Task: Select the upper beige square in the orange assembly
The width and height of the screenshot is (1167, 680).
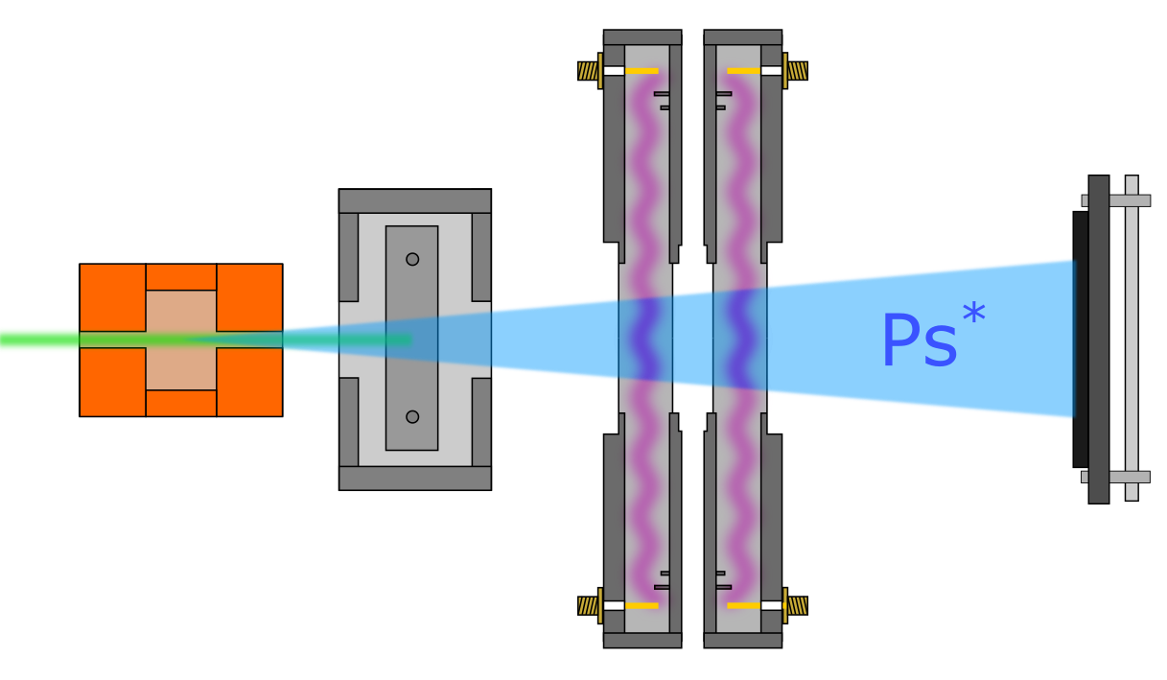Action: tap(181, 311)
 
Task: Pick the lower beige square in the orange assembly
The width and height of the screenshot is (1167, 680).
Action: tap(181, 369)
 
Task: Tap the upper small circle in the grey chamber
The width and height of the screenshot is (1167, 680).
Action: tap(412, 259)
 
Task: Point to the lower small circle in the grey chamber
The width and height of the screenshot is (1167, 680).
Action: tap(412, 416)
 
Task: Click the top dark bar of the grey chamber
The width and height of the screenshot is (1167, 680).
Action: tap(415, 200)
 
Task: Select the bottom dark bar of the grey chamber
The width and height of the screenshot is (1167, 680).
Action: tap(415, 478)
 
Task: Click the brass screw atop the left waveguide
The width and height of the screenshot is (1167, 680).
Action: tap(588, 71)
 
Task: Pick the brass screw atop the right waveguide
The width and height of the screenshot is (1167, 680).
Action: tap(797, 71)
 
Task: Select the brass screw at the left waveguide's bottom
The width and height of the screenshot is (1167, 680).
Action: tap(588, 605)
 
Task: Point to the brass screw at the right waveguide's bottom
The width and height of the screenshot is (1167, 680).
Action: tap(797, 605)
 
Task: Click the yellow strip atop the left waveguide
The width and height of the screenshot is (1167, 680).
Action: tap(642, 71)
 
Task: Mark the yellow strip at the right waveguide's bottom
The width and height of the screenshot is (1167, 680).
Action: tap(743, 605)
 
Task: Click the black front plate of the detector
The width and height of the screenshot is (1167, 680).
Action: tap(1080, 340)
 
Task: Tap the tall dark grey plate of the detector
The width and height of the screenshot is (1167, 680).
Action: tap(1099, 340)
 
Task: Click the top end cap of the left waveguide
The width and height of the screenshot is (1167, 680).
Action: tap(642, 37)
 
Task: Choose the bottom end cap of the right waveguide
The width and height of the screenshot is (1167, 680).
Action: tap(743, 640)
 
